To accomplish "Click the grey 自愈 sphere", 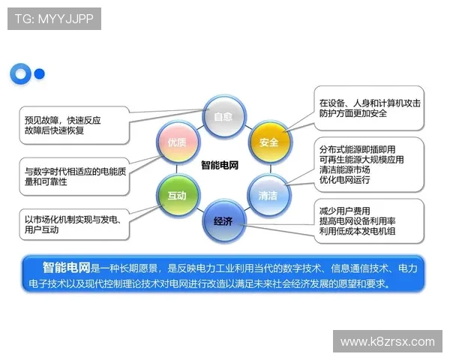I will coord(223,117).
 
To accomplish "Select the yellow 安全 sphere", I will coord(268,141).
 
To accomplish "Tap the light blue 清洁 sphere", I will coord(268,194).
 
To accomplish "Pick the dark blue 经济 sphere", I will coord(223,220).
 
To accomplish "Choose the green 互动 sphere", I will coord(176,194).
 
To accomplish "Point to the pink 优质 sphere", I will coord(176,141).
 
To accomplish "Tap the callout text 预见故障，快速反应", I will coord(63,119).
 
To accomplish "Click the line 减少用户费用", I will coord(345,210).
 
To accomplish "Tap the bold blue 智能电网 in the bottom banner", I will coord(66,266).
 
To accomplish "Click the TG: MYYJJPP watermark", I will coord(54,18).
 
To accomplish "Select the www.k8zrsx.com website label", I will coord(387,342).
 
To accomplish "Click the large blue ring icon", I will coord(20,73).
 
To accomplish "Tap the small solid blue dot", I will coord(40,73).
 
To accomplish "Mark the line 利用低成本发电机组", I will coord(357,231).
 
